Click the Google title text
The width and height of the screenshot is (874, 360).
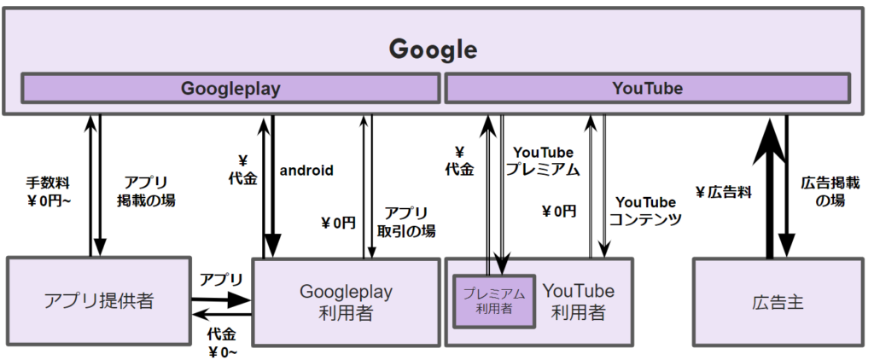coord(433,48)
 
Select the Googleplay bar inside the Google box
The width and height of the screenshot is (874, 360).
coord(230,88)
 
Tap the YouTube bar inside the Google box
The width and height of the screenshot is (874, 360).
coord(647,88)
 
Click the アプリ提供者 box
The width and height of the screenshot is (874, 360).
coord(97,301)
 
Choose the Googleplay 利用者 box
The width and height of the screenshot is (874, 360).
coord(346,301)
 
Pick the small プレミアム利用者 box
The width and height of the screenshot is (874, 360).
coord(494,301)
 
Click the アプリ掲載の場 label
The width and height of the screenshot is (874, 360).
coord(146,191)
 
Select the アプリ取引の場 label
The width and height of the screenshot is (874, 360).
coord(405,221)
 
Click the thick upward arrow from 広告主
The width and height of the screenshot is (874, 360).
coord(770,188)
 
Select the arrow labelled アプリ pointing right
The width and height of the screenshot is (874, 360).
coord(221,299)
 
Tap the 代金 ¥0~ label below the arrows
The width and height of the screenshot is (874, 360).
coord(222,340)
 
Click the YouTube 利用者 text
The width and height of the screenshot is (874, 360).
coord(578,301)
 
